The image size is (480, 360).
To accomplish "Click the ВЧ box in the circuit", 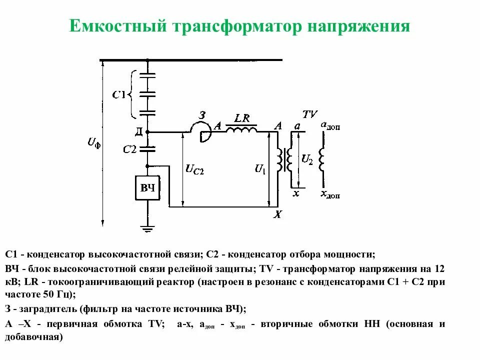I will coord(147,188).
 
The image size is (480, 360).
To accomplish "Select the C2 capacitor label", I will coord(129,148).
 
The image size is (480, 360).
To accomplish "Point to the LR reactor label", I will coord(242,118).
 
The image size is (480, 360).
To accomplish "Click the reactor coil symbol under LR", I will coord(242,129).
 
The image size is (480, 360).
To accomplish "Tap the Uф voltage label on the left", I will coord(93,143).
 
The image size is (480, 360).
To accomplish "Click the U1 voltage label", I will coord(260,169).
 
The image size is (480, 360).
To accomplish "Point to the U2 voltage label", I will coord(307,159).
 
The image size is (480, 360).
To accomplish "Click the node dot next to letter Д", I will coord(148,132).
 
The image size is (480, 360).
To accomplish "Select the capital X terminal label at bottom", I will coord(278,215).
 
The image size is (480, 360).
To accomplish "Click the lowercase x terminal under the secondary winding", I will coord(295,193).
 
